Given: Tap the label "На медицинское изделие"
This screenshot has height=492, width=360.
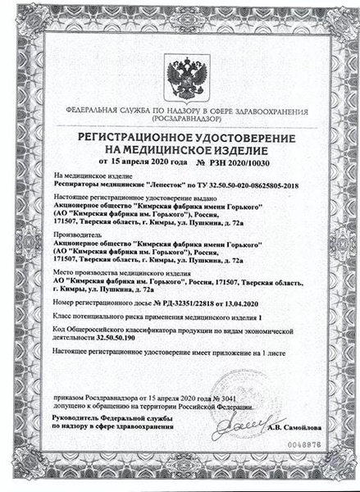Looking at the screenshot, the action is coord(85,176).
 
